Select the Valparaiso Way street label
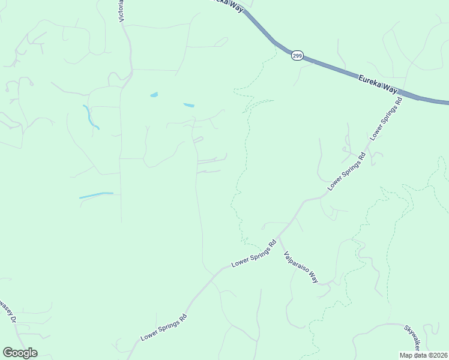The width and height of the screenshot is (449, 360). (x=300, y=266)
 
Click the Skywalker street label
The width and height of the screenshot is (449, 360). (x=411, y=339)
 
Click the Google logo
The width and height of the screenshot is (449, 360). (x=20, y=353)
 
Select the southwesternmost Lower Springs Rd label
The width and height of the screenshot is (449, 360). (x=164, y=327)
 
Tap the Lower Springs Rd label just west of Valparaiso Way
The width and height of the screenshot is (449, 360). (x=253, y=254)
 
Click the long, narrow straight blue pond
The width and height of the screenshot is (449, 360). (x=96, y=195)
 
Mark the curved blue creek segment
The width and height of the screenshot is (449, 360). (x=91, y=117)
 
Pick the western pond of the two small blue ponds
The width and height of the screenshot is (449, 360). (x=154, y=95)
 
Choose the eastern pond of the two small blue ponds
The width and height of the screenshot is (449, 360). (x=188, y=106)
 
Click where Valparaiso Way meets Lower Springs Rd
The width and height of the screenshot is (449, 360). (x=279, y=236)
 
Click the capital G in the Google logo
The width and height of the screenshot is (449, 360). (x=8, y=353)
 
